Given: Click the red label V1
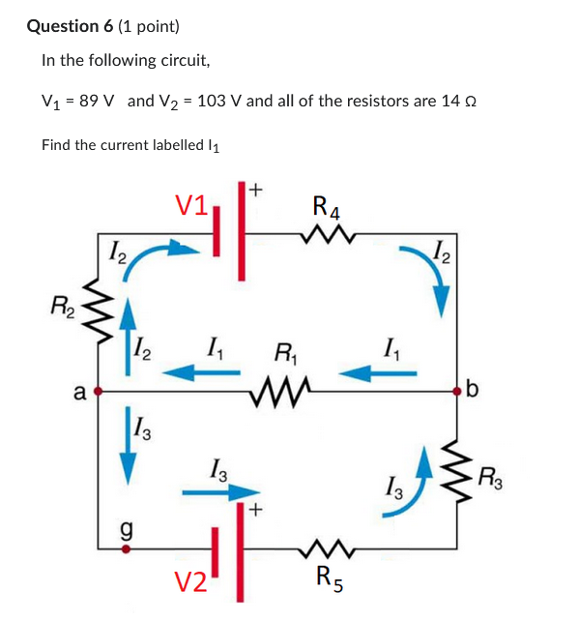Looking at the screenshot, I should pos(191,205).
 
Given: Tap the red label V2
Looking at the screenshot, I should pos(190,581).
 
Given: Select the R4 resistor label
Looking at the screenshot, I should pos(327,207).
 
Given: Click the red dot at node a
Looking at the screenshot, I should pos(98,391).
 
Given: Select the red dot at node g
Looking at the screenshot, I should pos(124,547).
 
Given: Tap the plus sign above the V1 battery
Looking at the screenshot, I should pos(256,191).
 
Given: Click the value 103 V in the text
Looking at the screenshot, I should pos(218,101).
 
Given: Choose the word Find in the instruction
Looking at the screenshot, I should pos(56,145).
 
